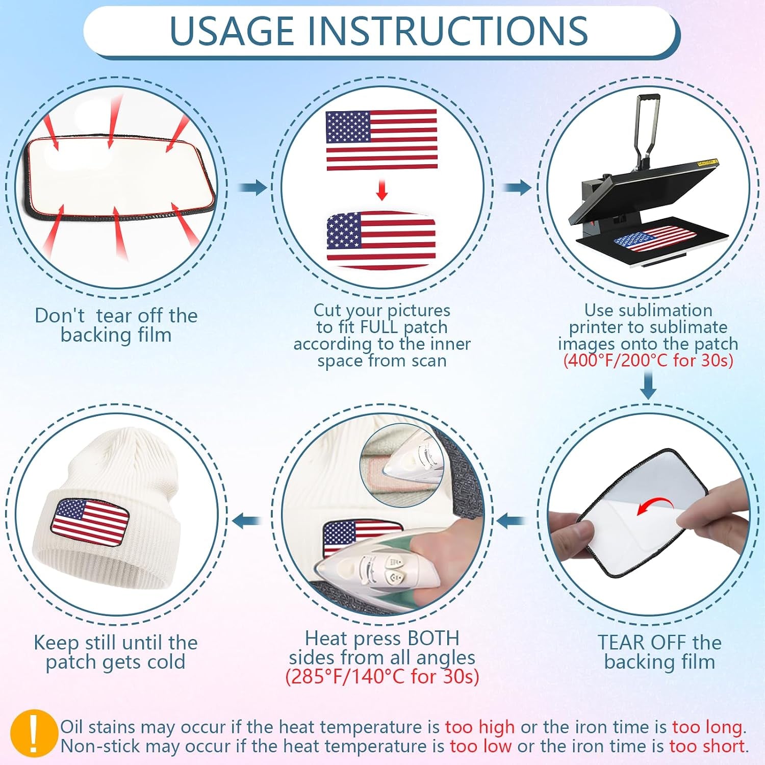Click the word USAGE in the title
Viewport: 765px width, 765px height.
pos(232,31)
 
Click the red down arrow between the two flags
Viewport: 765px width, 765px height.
pos(381,189)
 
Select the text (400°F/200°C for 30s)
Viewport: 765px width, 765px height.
pos(648,361)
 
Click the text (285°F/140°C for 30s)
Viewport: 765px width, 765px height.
pos(382,676)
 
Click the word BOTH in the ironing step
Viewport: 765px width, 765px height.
pos(433,638)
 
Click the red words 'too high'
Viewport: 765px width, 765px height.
pos(480,727)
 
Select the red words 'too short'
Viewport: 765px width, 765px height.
pos(707,746)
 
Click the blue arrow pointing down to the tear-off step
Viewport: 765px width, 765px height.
pos(648,385)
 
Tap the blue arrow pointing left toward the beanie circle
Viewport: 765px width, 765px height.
pos(247,521)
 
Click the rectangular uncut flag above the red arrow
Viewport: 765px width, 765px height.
pos(381,140)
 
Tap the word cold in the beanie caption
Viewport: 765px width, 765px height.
pos(166,662)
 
